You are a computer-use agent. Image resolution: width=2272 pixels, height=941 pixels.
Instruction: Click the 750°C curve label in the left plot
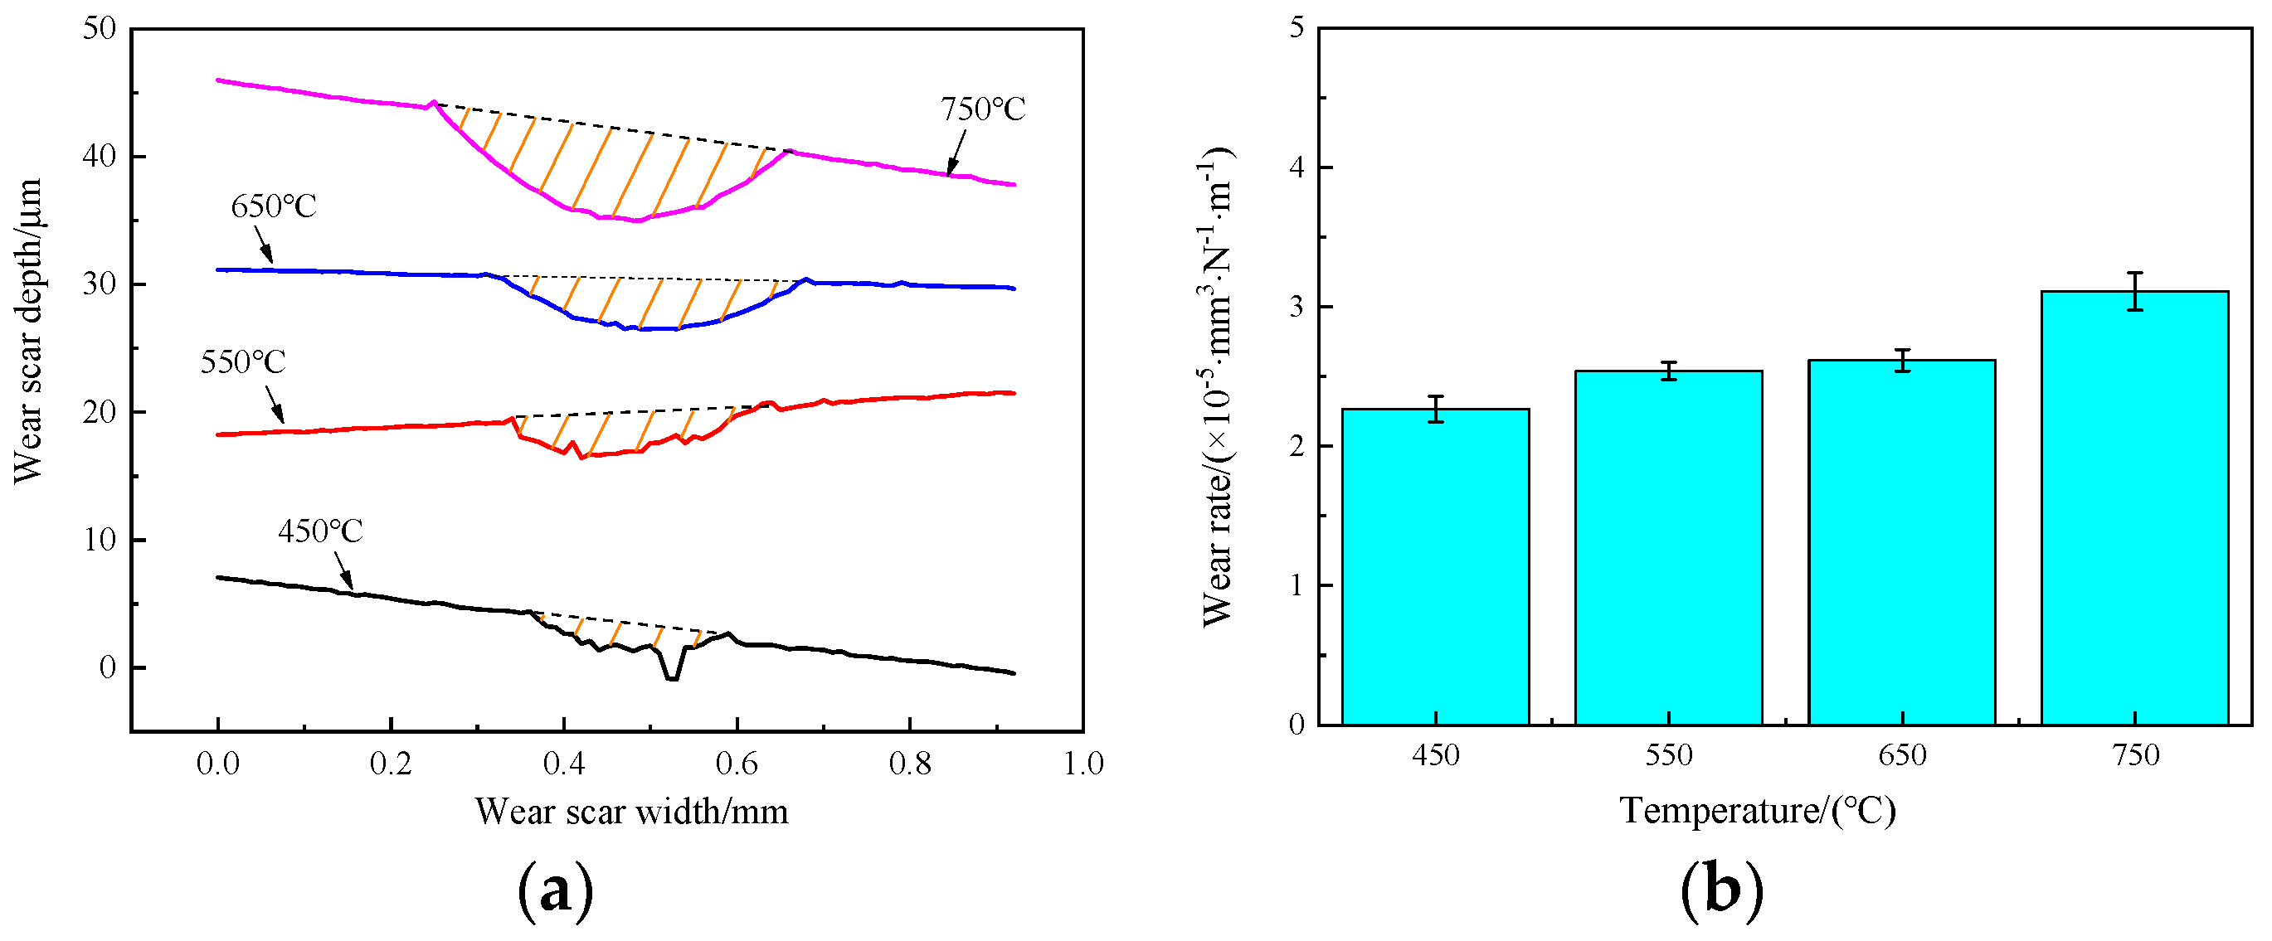[x=982, y=109]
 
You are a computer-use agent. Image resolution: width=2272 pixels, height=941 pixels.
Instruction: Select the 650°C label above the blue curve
[x=274, y=206]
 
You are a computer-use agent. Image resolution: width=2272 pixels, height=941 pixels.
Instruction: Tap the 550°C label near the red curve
[x=242, y=361]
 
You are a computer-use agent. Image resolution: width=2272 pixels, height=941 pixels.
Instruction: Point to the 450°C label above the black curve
[x=320, y=531]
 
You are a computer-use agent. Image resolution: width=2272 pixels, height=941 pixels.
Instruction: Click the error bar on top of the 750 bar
[x=2134, y=291]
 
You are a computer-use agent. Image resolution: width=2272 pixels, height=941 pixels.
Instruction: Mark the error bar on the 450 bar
[x=1435, y=410]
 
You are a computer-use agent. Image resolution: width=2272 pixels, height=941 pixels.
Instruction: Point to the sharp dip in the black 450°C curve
[x=672, y=675]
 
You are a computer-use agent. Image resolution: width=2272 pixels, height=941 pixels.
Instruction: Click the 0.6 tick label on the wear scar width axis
[x=737, y=764]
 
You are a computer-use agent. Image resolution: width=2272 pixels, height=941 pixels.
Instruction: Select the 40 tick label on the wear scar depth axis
[x=99, y=157]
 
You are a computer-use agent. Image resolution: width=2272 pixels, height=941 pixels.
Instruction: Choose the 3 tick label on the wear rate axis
[x=1297, y=307]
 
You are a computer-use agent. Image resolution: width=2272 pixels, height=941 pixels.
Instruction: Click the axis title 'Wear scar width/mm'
[x=631, y=812]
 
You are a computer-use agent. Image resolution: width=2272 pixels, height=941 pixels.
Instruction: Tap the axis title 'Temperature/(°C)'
[x=1757, y=810]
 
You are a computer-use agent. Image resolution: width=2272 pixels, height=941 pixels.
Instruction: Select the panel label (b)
[x=1722, y=891]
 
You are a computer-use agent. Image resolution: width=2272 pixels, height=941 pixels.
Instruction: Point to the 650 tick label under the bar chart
[x=1901, y=755]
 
